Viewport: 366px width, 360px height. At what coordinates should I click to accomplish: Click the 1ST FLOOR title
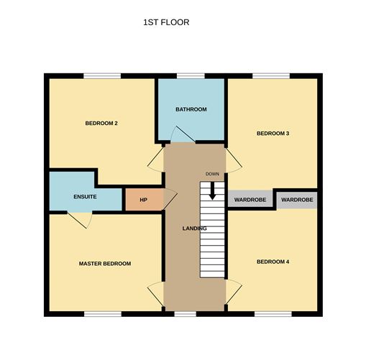pos(166,22)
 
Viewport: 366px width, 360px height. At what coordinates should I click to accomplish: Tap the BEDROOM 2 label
pos(101,123)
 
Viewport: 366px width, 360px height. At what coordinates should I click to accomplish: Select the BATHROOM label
pos(191,109)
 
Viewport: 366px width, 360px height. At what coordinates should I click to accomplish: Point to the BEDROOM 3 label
pos(273,133)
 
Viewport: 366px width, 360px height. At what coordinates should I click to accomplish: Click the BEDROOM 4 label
pos(273,262)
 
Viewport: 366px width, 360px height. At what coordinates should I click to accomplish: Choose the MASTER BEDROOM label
pos(105,264)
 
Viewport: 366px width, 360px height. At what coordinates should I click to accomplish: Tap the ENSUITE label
pos(85,197)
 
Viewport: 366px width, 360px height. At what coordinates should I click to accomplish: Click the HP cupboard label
pos(143,200)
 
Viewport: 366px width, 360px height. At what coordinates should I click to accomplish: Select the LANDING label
pos(194,229)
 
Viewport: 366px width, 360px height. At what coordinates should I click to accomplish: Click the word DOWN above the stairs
pos(212,174)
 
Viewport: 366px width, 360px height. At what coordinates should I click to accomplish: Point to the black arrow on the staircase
pos(212,191)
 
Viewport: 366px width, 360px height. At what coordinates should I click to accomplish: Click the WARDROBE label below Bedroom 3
pos(250,200)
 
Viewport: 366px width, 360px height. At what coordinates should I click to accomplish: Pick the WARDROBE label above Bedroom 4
pos(297,200)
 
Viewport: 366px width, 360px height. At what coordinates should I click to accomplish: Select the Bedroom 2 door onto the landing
pos(155,160)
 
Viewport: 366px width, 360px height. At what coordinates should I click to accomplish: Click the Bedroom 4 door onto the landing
pos(234,292)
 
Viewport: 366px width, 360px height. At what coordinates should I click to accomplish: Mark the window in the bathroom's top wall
pos(191,76)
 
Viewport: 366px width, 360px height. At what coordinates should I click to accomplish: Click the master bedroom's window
pos(103,314)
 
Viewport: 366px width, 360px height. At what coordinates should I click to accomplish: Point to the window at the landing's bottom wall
pos(185,314)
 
